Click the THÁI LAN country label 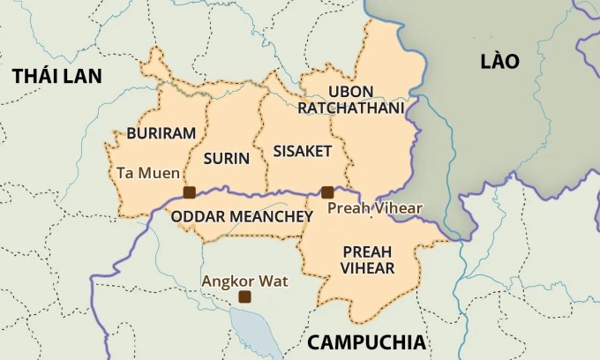pos(57,76)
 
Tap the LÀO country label pos(499,61)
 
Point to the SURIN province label pos(226,159)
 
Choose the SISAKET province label pos(302,151)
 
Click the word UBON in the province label pos(349,92)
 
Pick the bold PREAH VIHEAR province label pos(367,259)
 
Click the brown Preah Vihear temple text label pos(375,208)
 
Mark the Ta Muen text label pos(147,173)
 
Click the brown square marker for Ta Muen pos(188,192)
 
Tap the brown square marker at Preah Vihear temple pos(327,191)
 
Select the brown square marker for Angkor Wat pos(244,297)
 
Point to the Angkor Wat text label pos(244,281)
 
